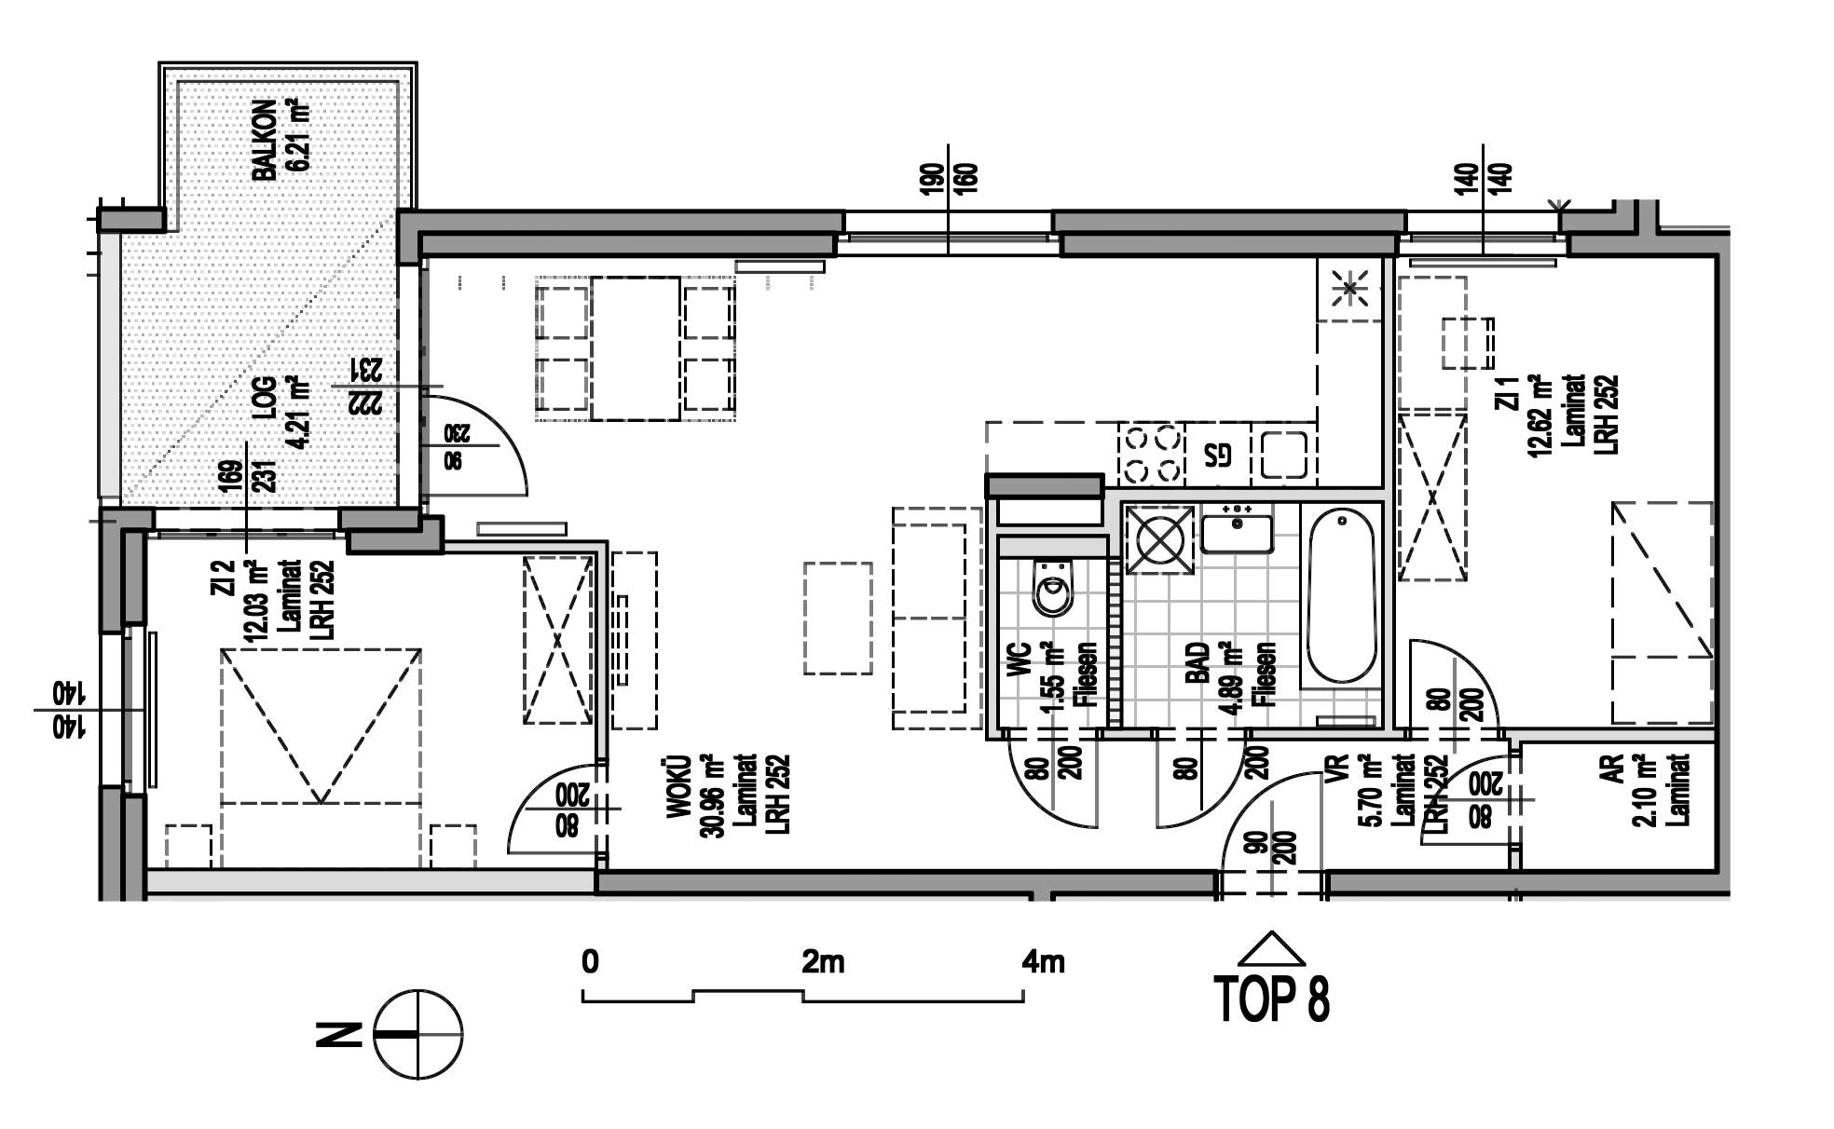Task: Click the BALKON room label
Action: tap(265, 141)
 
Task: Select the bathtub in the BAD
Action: tap(1341, 596)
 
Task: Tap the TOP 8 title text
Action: tap(1273, 999)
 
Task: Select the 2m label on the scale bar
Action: tap(823, 961)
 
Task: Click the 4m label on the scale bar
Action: tap(1043, 961)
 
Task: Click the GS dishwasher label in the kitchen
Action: tap(1218, 455)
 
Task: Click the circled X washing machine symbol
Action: tap(1160, 540)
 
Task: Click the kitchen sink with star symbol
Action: tap(1348, 289)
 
